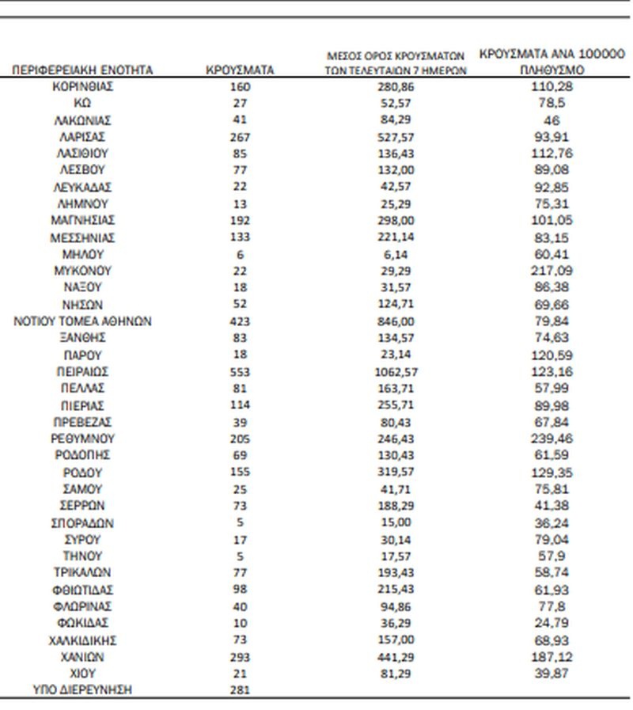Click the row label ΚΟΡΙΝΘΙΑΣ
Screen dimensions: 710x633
pos(82,86)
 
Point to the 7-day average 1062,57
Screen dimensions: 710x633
pos(396,371)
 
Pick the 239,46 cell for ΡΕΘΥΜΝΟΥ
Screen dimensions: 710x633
pos(552,438)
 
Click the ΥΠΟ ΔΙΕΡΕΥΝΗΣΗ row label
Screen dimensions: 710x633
pos(82,689)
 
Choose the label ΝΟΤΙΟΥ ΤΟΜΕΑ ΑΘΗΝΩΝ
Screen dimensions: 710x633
pos(82,321)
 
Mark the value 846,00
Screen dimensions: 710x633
pos(396,321)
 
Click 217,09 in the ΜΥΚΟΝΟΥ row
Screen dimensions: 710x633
pos(552,271)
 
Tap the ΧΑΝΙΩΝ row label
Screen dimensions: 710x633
pos(82,657)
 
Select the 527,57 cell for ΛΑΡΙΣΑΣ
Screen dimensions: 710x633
pos(396,136)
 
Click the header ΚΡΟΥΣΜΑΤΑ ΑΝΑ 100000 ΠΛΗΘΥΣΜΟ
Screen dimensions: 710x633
pos(552,63)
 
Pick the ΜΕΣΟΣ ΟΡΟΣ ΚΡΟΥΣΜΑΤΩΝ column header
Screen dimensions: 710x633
pos(396,63)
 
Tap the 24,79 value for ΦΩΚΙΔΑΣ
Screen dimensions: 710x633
pos(552,623)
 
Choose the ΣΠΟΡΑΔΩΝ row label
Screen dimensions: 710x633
pos(82,522)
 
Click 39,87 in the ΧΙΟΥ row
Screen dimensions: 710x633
pos(552,673)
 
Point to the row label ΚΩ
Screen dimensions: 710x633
pos(82,103)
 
